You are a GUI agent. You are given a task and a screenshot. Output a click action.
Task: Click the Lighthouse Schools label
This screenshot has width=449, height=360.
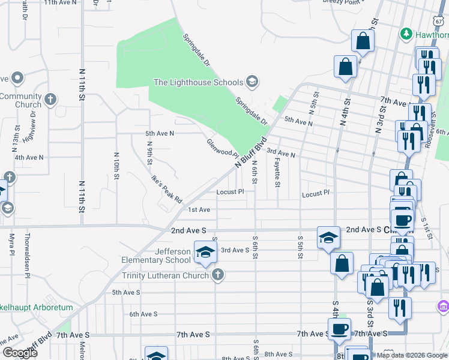coord(198,82)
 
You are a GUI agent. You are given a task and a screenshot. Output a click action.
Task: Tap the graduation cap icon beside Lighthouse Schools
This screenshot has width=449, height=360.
coord(253,82)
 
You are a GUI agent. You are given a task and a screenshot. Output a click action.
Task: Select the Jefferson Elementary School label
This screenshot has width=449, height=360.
coord(156,256)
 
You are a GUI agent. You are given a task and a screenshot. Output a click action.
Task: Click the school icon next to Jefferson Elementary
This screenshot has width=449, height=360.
coord(205,252)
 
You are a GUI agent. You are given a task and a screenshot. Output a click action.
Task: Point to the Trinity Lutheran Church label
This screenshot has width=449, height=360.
coord(165,275)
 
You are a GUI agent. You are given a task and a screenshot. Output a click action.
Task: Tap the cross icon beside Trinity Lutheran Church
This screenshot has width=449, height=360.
coord(218,275)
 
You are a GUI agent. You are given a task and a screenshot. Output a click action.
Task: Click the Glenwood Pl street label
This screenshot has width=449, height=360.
coord(223,148)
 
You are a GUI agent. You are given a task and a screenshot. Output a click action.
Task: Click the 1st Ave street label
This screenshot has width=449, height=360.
coord(199,209)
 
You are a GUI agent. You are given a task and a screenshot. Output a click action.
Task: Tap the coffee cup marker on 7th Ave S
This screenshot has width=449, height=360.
coord(339,329)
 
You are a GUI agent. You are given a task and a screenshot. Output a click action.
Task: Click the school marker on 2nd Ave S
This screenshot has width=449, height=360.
coord(328,238)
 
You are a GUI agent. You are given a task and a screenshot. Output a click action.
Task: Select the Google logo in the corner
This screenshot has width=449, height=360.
coord(19,353)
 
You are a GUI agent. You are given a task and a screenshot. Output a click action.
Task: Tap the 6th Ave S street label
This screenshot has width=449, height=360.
coord(143,314)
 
